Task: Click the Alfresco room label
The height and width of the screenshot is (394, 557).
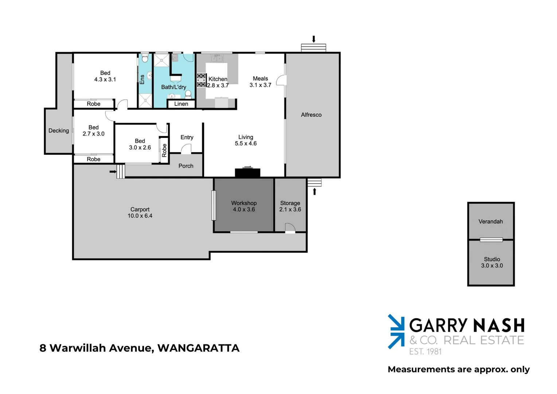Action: click(x=311, y=115)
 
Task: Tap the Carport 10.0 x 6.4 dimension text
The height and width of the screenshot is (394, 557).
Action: click(x=140, y=216)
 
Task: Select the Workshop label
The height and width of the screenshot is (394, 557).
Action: click(x=244, y=203)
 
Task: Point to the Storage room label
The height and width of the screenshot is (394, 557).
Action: click(x=290, y=203)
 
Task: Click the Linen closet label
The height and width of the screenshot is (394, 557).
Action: click(x=181, y=104)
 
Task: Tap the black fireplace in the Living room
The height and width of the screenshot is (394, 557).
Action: click(x=248, y=173)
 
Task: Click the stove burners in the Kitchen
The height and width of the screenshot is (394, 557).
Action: click(x=201, y=80)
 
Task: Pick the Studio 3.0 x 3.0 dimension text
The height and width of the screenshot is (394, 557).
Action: click(x=492, y=266)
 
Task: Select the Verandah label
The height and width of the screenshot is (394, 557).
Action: click(x=491, y=221)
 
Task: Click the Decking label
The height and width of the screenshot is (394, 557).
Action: click(x=59, y=131)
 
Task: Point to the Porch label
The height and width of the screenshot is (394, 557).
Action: click(x=186, y=166)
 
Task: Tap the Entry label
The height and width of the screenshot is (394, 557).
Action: click(x=187, y=138)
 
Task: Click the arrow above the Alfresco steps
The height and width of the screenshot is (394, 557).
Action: click(x=313, y=39)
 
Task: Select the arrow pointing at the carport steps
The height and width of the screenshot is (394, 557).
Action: click(x=113, y=171)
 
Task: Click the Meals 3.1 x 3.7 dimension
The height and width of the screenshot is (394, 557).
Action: click(x=260, y=85)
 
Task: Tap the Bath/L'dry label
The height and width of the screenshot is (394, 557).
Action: click(x=174, y=87)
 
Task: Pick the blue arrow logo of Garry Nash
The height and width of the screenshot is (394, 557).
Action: click(x=396, y=331)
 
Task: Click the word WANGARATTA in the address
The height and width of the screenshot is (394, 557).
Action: click(x=198, y=348)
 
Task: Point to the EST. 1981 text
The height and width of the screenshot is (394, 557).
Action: click(x=425, y=352)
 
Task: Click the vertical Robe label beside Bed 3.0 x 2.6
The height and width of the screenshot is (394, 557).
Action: click(x=164, y=150)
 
